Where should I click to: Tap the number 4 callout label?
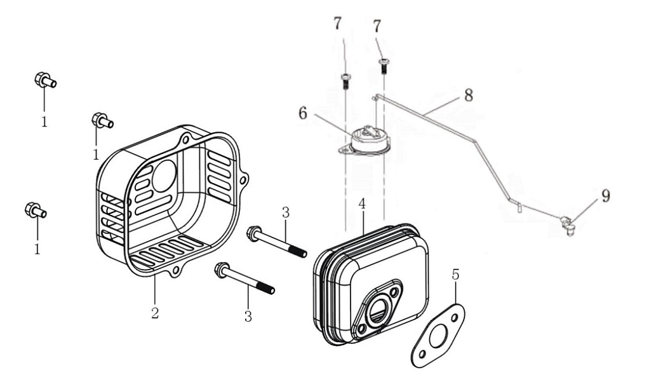click(x=362, y=205)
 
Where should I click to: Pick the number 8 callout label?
click(x=468, y=95)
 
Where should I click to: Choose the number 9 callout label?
click(x=605, y=196)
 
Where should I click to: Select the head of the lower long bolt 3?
click(x=222, y=268)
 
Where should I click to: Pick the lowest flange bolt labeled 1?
click(x=34, y=209)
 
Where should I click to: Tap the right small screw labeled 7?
click(x=384, y=63)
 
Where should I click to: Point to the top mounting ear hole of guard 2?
click(x=184, y=139)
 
